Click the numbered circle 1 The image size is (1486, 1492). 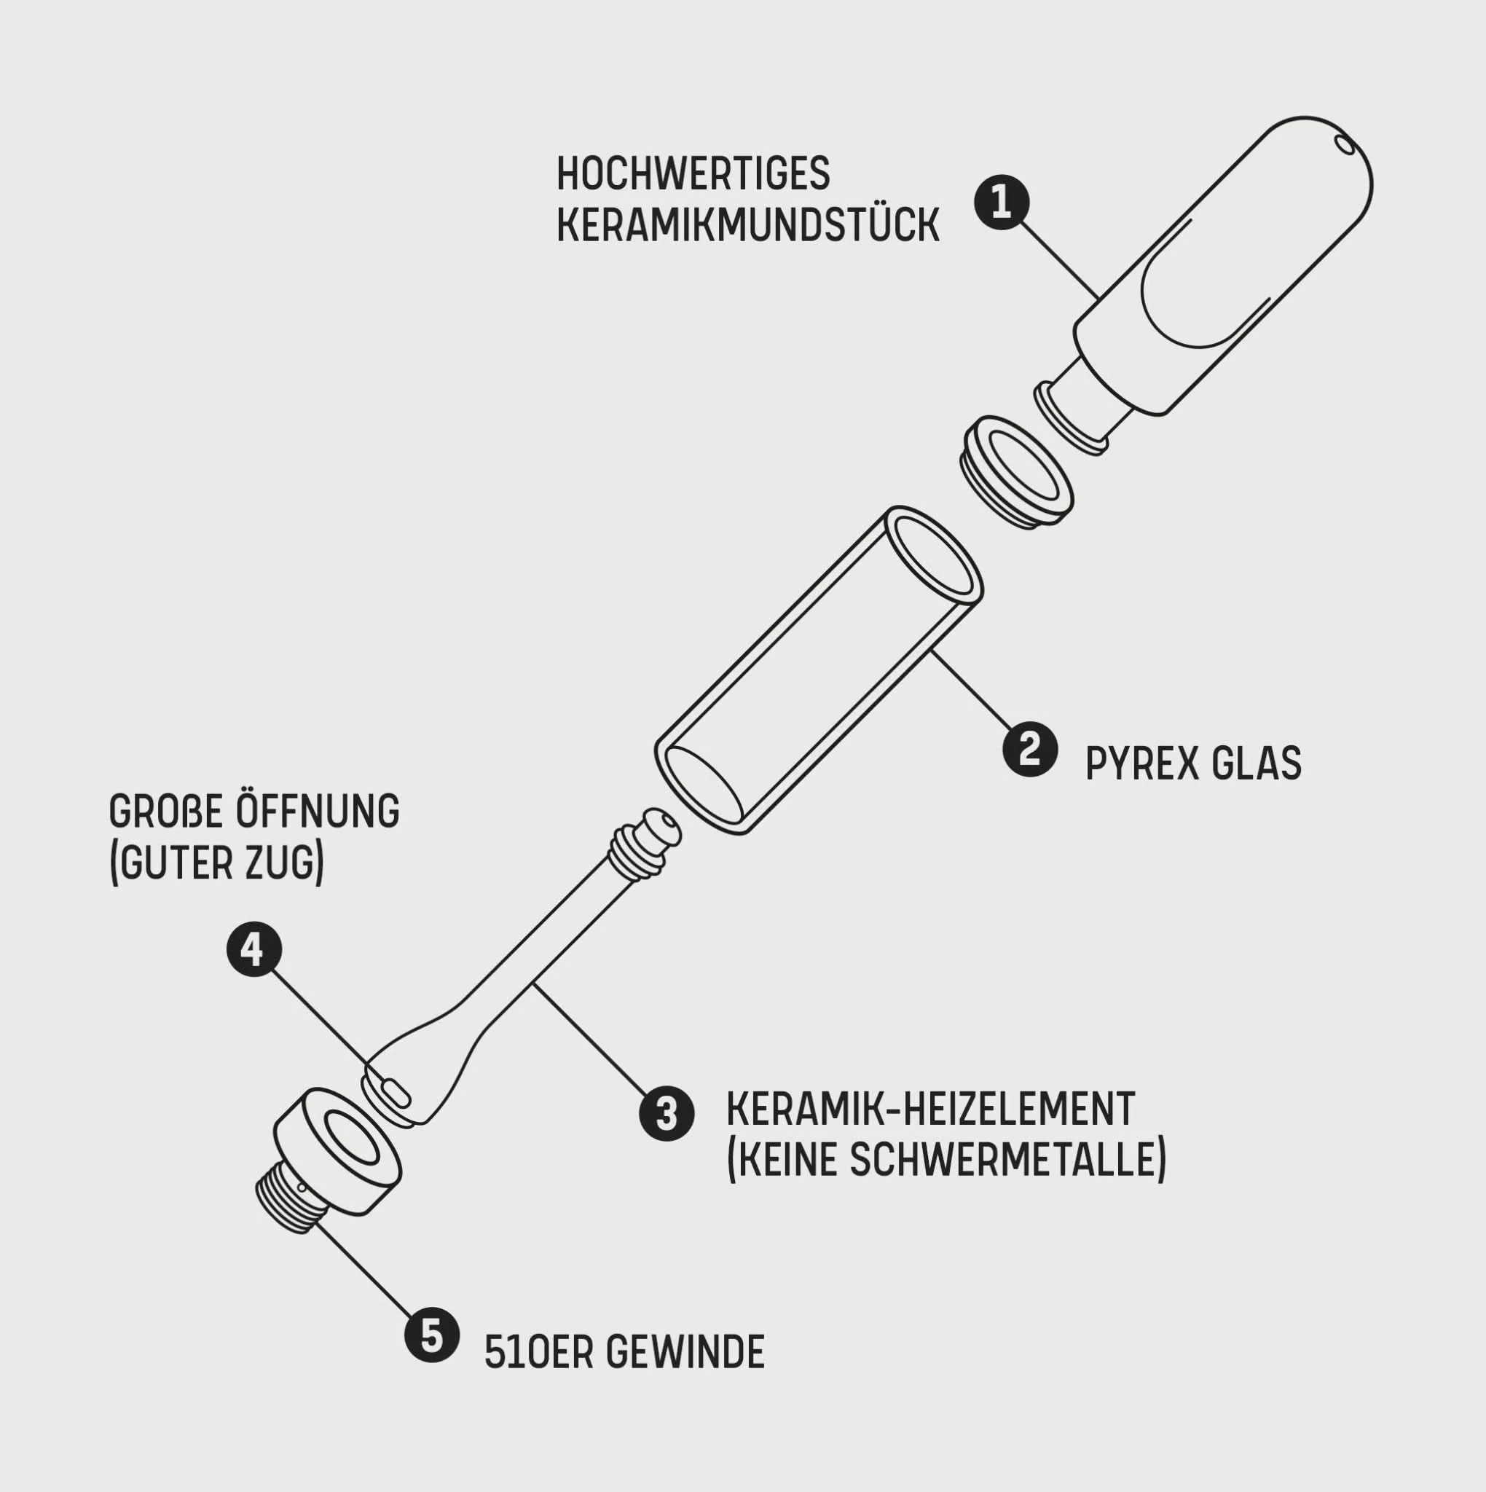[1001, 203]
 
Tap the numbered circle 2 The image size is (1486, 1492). [1029, 749]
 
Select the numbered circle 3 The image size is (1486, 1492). [667, 1114]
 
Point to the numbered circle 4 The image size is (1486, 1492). [254, 950]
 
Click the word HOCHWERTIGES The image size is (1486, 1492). [693, 174]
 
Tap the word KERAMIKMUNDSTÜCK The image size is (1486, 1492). [747, 226]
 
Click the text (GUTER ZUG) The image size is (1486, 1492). [217, 863]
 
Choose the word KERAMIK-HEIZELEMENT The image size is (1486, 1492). [930, 1109]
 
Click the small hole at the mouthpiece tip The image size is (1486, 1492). [1345, 144]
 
